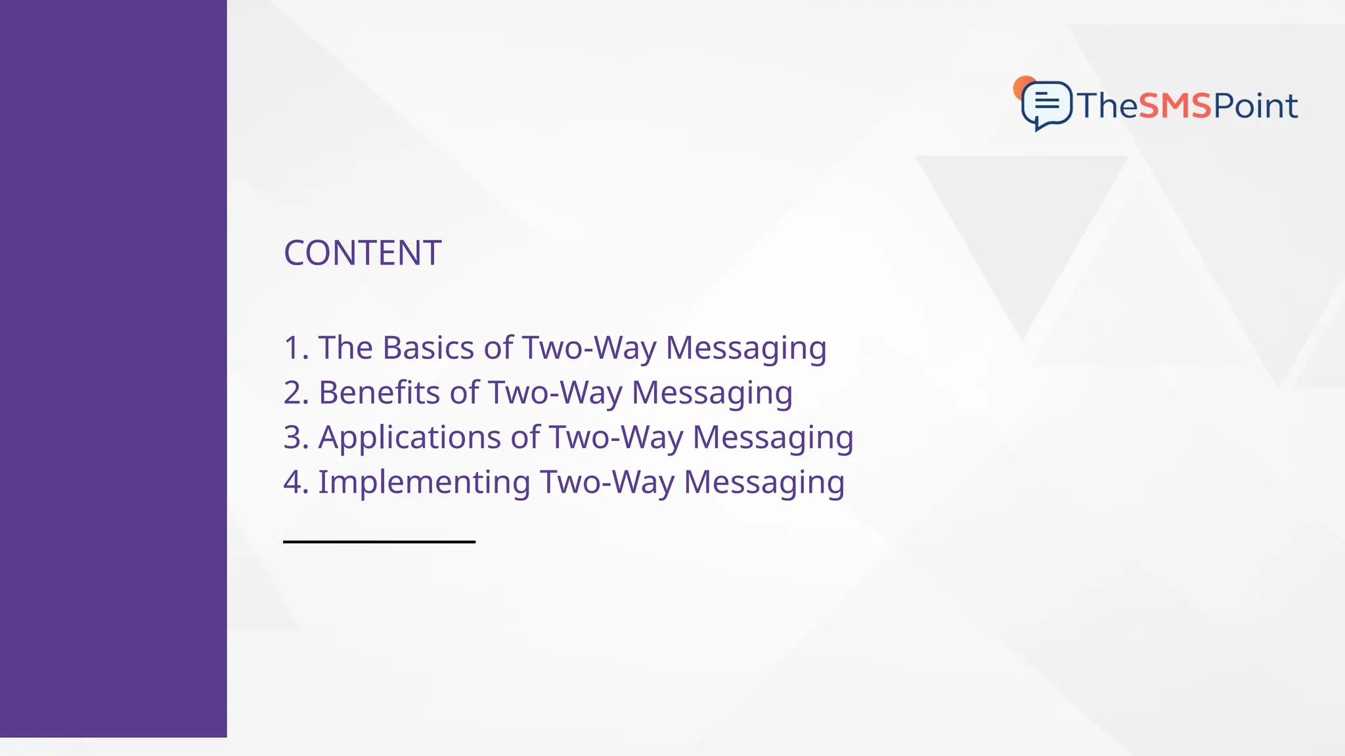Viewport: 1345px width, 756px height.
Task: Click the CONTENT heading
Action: (x=362, y=253)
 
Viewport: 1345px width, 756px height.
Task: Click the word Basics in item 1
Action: (x=428, y=348)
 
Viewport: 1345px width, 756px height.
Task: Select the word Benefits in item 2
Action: (x=379, y=392)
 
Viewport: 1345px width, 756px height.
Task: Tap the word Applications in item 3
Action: (x=410, y=438)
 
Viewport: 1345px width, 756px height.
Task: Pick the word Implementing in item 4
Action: (x=424, y=482)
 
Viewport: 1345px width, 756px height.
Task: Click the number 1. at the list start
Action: (x=296, y=348)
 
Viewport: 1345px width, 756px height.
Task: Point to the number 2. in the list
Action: (x=296, y=392)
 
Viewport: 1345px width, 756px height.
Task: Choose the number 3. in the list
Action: (x=296, y=438)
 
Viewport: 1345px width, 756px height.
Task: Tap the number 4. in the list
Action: (x=296, y=482)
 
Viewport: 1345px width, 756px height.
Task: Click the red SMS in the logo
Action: (x=1174, y=106)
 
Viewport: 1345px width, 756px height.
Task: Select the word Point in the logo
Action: (x=1255, y=106)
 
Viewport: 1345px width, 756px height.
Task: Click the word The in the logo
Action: (x=1107, y=106)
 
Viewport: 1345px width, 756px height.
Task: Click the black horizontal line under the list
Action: (x=379, y=541)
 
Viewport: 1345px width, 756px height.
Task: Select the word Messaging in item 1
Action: (x=746, y=348)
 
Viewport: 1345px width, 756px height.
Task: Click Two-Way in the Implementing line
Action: (x=607, y=482)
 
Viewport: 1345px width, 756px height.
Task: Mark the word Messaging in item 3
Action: (x=773, y=438)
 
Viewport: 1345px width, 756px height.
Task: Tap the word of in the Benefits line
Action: (x=464, y=392)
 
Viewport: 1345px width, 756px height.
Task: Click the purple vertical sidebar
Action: (x=113, y=367)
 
